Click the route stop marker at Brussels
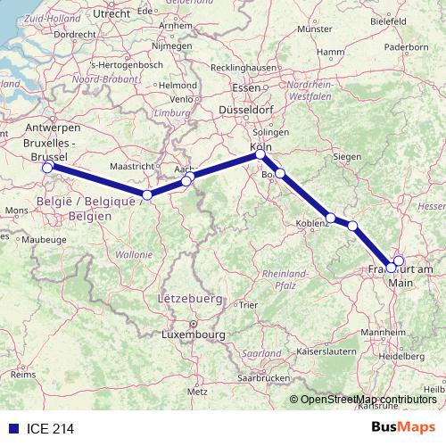[47, 167]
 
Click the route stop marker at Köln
[260, 154]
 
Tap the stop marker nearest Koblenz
[331, 218]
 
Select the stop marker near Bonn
[280, 173]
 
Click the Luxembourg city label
[192, 334]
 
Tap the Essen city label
[244, 87]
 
